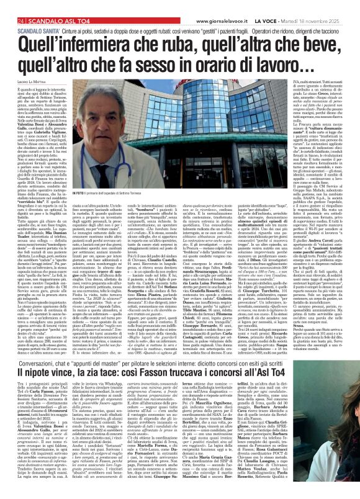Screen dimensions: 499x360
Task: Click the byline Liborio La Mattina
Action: click(x=29, y=75)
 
